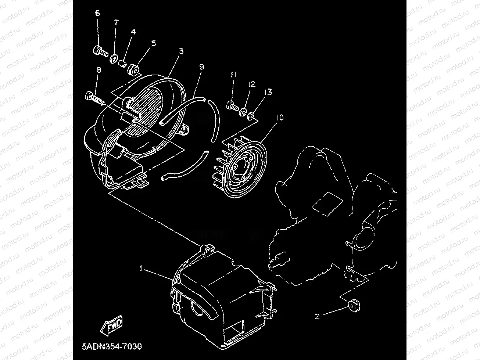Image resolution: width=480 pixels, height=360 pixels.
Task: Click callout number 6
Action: pos(97,14)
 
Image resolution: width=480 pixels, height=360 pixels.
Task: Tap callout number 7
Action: pos(116,22)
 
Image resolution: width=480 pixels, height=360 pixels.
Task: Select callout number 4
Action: pos(133,32)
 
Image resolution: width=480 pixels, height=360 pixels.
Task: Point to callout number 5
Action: pos(154,43)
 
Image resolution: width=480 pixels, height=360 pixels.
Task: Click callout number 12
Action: pos(251,84)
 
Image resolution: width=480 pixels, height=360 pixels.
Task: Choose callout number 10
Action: pos(279,118)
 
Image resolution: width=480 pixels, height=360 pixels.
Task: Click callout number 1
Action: pos(141,269)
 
